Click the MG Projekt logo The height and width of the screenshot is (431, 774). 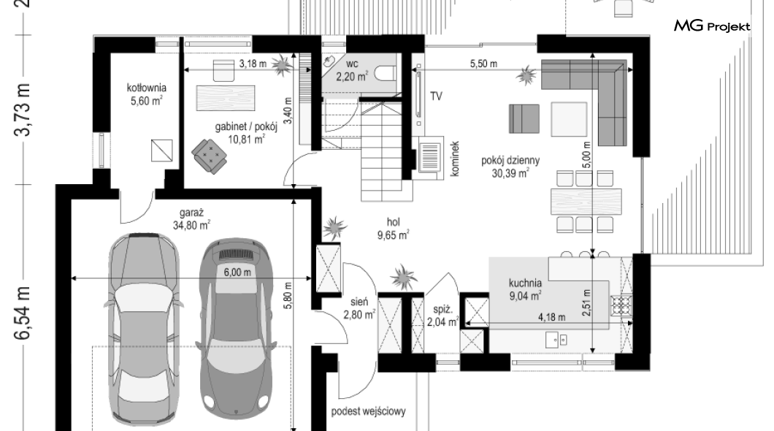coord(712,26)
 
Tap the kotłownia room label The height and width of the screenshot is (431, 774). coord(147,88)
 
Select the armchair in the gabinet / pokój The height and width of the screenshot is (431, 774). coord(210,156)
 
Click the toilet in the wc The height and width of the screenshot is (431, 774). coord(385,74)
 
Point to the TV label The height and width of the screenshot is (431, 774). coord(436,96)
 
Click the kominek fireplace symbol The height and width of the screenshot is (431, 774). coord(431,157)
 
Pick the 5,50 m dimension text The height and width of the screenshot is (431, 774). coord(483,64)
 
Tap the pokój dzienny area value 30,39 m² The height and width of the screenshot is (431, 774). coord(510,173)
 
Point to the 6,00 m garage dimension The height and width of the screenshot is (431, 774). coord(237,272)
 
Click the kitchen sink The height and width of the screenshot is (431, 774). coord(556,339)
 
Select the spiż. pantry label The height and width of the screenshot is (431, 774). coord(442,310)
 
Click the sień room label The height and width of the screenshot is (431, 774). coord(359,301)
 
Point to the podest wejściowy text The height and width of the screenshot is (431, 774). coord(368,411)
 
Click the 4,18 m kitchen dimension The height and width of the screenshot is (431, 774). coord(551,317)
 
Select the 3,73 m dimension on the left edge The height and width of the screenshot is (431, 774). coord(23,110)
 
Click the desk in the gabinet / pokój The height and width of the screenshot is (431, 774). coord(226,98)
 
